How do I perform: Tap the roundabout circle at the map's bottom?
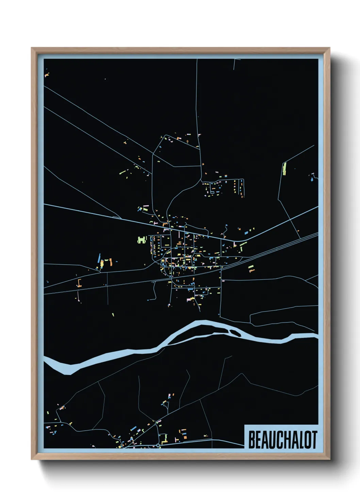(158, 445)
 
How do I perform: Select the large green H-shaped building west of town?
(142, 240)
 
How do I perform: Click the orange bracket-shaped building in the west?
(79, 283)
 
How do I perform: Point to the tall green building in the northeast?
(284, 169)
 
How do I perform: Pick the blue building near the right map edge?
(312, 177)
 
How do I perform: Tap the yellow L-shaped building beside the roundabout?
(165, 439)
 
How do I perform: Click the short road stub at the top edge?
(235, 64)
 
